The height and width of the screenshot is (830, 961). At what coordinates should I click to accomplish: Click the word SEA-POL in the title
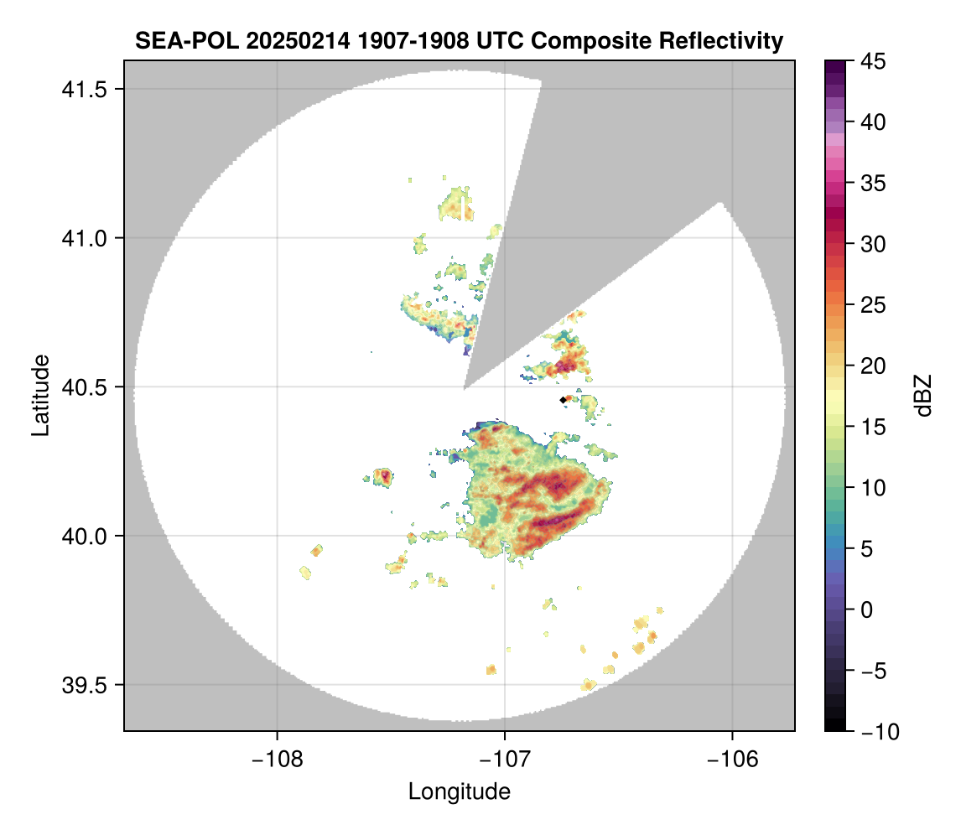click(x=174, y=41)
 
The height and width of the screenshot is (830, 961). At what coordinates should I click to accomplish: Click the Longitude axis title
click(x=460, y=791)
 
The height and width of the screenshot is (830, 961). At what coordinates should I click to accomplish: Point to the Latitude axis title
click(x=40, y=395)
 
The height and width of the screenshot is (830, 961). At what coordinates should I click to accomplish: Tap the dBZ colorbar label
click(x=923, y=396)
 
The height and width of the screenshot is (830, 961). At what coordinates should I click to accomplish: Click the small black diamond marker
click(x=562, y=401)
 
